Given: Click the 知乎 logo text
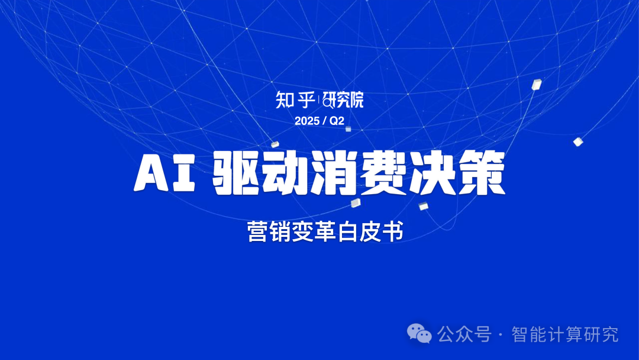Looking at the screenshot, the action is point(295,100).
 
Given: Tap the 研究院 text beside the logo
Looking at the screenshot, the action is point(343,100).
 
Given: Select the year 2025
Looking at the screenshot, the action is point(307,121).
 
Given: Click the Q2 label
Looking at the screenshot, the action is point(337,121).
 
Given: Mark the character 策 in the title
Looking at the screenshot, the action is point(481,173).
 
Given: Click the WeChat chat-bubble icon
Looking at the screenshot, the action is point(419,333).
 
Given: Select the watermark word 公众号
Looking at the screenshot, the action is point(464,335).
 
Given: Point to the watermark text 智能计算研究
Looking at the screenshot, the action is point(565,335).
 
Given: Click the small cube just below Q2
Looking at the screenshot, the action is point(348,129).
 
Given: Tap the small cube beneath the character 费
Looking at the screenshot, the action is point(356,202).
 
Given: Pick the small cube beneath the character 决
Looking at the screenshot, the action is point(424,206).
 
